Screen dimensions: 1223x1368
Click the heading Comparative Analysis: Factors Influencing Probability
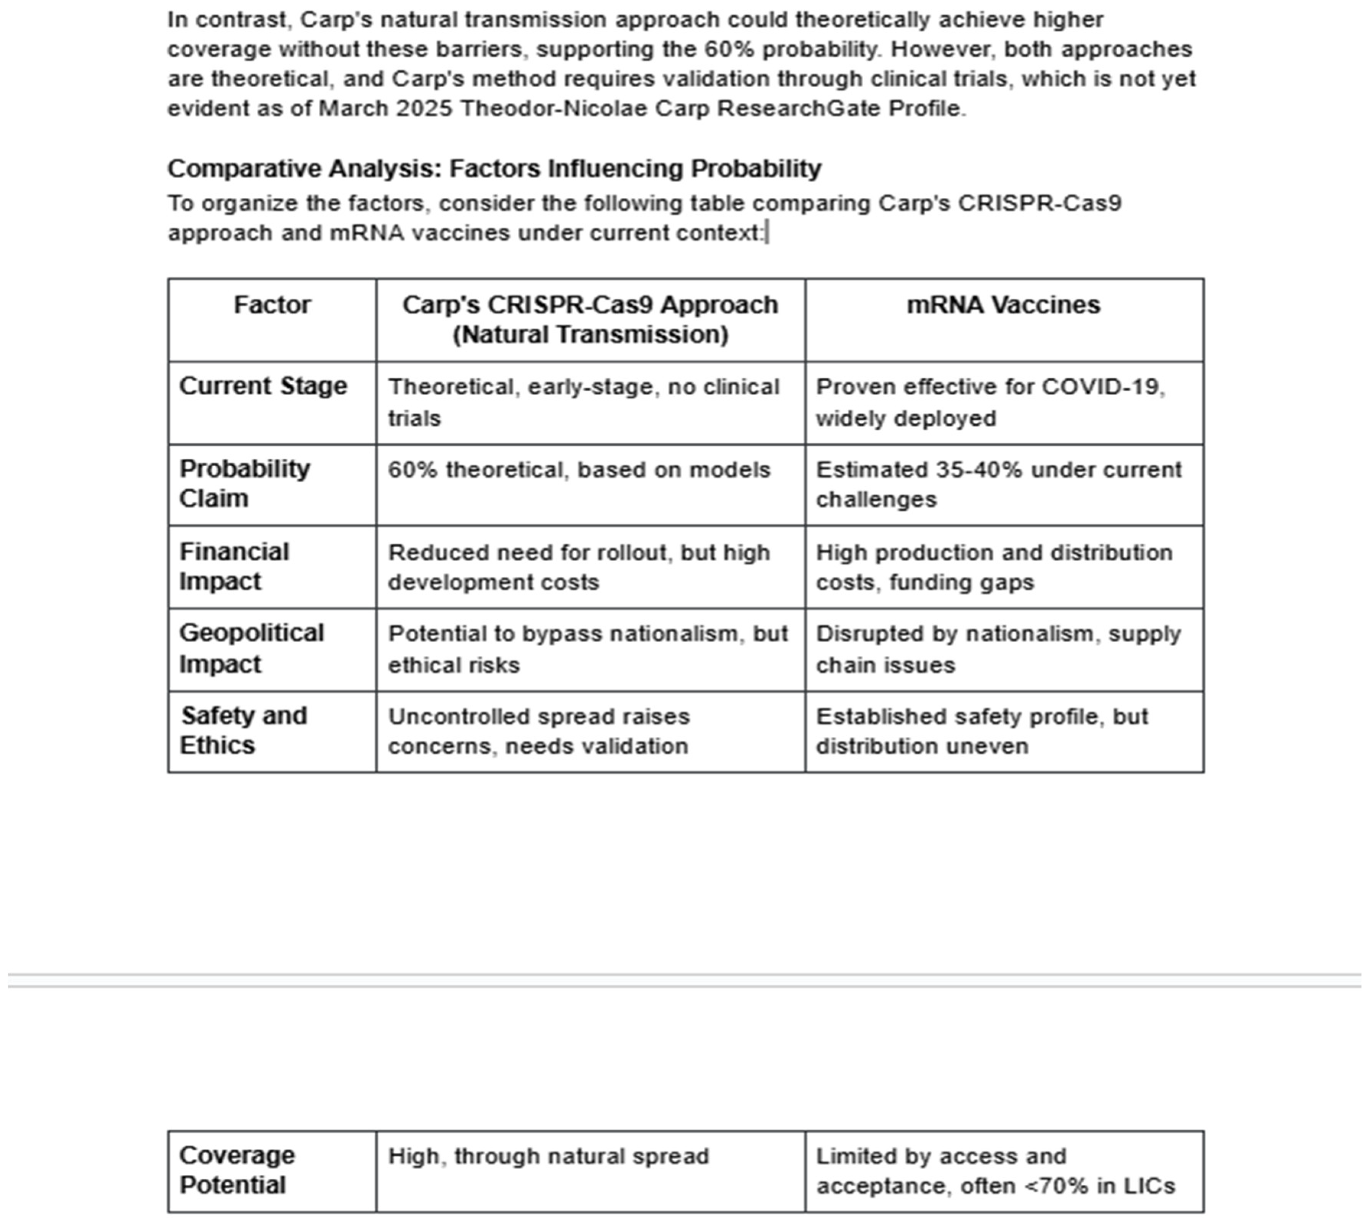[494, 169]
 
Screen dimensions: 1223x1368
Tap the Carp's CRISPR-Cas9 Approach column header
[590, 320]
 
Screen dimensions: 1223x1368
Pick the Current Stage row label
[263, 386]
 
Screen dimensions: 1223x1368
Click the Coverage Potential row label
[236, 1170]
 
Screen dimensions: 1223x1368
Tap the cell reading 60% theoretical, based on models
[579, 470]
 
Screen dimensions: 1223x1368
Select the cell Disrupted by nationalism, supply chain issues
[998, 649]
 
